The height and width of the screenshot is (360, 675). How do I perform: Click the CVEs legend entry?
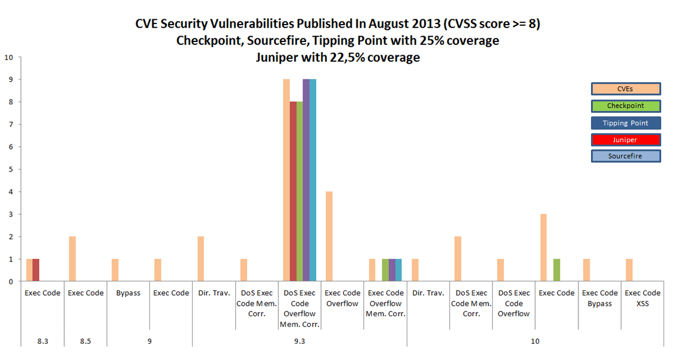625,89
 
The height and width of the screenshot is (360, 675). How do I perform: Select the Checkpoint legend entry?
625,106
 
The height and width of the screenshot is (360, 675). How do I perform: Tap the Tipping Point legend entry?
625,123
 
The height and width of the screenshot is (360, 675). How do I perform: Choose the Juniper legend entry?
625,140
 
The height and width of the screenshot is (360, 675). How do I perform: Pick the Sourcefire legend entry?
625,156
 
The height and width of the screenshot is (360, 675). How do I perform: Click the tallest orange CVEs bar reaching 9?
286,180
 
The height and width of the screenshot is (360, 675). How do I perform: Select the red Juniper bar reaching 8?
293,191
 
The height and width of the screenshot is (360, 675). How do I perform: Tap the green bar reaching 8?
299,191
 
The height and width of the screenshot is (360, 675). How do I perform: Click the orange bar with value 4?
329,236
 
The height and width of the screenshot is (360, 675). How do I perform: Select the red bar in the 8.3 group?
36,270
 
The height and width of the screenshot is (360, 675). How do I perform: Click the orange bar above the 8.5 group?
72,259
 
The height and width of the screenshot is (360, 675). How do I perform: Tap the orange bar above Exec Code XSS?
629,270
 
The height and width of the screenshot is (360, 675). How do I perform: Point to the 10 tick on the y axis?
8,58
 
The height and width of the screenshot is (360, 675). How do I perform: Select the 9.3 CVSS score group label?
299,341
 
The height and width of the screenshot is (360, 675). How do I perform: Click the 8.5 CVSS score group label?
85,341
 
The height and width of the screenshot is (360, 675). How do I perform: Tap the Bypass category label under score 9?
128,293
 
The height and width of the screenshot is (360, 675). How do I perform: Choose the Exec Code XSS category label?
642,298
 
